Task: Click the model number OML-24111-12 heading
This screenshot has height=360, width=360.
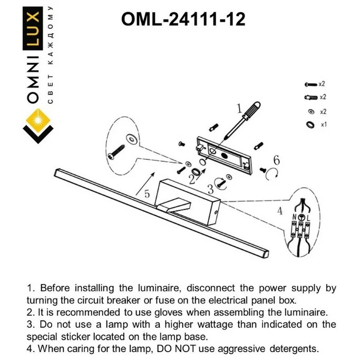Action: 183,20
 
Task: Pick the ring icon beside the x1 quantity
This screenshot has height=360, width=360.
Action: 309,125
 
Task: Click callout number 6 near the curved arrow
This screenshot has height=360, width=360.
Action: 276,160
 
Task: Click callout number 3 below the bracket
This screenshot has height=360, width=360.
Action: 210,188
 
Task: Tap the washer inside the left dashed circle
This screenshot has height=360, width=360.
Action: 131,138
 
